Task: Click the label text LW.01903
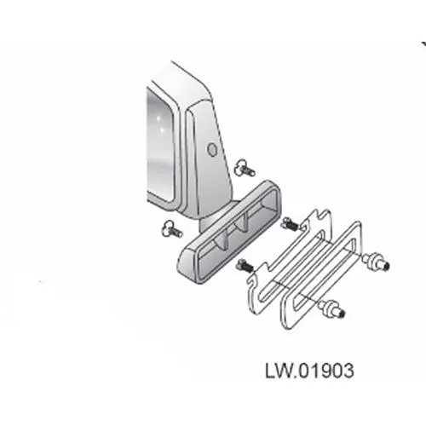[309, 371]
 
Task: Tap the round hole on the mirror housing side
[211, 149]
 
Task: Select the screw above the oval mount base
[245, 170]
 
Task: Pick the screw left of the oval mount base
[172, 230]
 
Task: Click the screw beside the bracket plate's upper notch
[289, 224]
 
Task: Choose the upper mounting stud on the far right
[377, 262]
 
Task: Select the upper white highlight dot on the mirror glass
[159, 118]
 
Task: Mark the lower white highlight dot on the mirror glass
[162, 130]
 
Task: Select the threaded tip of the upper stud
[386, 267]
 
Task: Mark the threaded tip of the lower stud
[342, 314]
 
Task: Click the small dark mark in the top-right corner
[423, 43]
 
